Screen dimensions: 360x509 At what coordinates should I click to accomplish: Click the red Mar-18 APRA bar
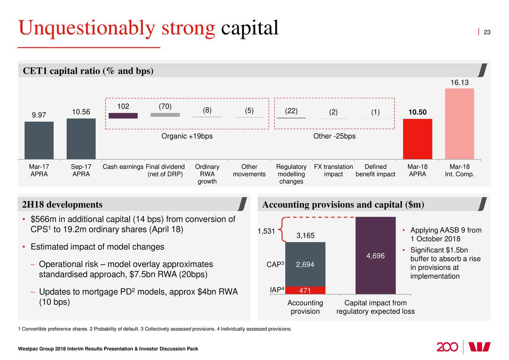[x=417, y=139]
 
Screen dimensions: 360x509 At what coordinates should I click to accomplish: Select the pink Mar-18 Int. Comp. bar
[x=459, y=124]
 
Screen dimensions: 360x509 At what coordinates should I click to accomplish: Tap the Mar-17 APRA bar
[x=39, y=140]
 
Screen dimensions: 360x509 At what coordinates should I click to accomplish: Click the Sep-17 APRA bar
[x=81, y=138]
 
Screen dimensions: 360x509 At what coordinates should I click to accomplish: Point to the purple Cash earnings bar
[x=123, y=116]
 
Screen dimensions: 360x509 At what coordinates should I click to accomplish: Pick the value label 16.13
[x=459, y=83]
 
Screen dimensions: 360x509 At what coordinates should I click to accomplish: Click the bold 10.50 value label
[x=417, y=113]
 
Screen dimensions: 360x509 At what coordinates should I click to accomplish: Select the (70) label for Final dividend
[x=165, y=107]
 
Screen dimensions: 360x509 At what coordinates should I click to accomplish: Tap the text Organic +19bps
[x=187, y=136]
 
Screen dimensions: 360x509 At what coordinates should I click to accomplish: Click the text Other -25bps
[x=334, y=136]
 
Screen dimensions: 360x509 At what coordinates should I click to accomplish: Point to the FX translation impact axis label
[x=333, y=170]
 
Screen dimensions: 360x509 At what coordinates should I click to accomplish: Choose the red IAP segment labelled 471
[x=305, y=290]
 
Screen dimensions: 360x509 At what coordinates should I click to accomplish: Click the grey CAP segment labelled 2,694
[x=305, y=264]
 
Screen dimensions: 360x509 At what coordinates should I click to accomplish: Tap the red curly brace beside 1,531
[x=280, y=230]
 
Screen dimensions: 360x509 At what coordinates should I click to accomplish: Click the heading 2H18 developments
[x=62, y=205]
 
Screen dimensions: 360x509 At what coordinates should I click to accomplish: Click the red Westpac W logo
[x=480, y=346]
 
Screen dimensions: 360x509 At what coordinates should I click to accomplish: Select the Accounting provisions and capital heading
[x=343, y=205]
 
